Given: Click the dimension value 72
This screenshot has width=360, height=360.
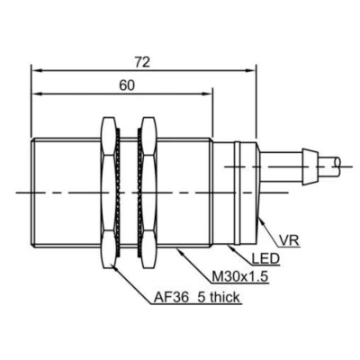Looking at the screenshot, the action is [x=142, y=62].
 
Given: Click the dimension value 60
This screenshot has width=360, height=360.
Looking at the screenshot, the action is [x=127, y=85].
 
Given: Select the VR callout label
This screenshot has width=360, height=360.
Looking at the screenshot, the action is [x=289, y=240].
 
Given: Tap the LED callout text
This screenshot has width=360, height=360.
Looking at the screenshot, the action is [x=265, y=258].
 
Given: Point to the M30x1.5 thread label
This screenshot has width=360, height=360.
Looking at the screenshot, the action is [x=239, y=277].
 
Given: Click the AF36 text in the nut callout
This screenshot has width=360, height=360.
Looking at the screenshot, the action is [x=172, y=297].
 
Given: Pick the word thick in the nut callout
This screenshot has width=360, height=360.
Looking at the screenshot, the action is [x=225, y=297].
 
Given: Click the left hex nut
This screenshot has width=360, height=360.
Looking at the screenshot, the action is [x=109, y=193].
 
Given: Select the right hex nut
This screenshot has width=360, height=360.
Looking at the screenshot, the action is [x=149, y=193].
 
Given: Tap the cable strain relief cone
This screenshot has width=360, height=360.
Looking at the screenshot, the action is [x=310, y=166].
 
